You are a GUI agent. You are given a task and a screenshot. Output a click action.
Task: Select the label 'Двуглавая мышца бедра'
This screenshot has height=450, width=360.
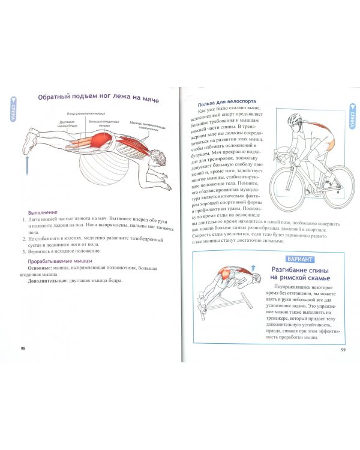coord(67,124)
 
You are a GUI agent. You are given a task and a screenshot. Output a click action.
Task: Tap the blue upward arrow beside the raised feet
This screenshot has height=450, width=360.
coord(26,165)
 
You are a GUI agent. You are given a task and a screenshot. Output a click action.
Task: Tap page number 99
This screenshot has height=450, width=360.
coord(343,350)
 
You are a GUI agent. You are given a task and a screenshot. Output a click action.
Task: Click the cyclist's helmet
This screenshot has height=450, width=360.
coord(294,119)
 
